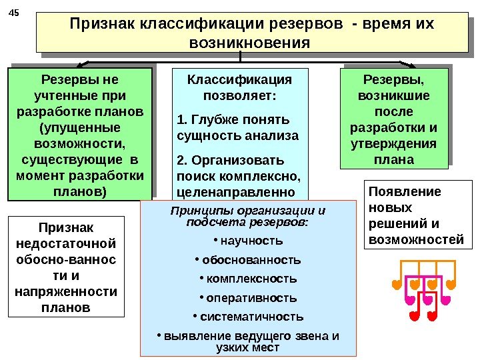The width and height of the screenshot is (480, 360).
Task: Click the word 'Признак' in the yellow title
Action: pyautogui.click(x=103, y=25)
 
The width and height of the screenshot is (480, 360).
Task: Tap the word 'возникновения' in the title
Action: pyautogui.click(x=250, y=43)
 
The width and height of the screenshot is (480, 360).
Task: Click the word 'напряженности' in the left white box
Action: pyautogui.click(x=65, y=291)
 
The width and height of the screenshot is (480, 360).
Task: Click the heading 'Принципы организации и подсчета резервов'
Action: pyautogui.click(x=248, y=216)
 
